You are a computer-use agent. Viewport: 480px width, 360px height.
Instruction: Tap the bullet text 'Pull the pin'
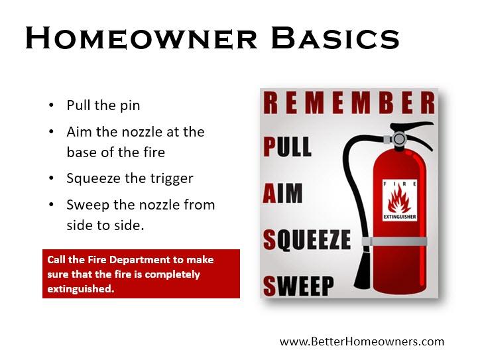coord(103,106)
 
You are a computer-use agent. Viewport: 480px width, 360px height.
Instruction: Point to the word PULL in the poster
coord(288,147)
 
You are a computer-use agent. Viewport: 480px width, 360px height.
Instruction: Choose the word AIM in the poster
coord(283,194)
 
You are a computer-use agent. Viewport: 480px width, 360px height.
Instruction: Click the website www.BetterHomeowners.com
coord(361,342)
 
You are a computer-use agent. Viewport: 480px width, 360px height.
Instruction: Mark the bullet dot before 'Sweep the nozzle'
coord(52,205)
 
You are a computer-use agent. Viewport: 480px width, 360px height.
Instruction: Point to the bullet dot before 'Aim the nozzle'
coord(52,132)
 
